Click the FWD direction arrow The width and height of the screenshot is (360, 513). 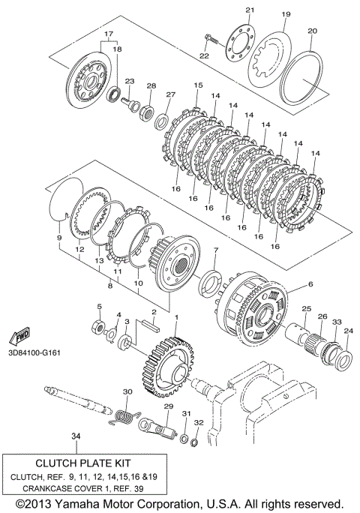pos(19,336)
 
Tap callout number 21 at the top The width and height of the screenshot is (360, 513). pos(250,10)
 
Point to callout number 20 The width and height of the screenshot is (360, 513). pos(313,31)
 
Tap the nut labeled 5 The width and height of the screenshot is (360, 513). pos(97,326)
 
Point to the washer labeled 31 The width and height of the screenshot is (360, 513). pos(184,438)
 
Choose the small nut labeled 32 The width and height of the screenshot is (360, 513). pos(193,443)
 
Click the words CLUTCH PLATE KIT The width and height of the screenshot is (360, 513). pos(82,463)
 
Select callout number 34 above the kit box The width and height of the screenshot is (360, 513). pos(76,436)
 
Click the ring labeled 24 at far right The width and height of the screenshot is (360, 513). pos(344,358)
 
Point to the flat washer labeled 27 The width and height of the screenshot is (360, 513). pos(162,121)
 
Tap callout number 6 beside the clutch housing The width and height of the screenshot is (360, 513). pos(310,284)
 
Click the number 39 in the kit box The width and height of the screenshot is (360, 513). pos(139,489)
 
